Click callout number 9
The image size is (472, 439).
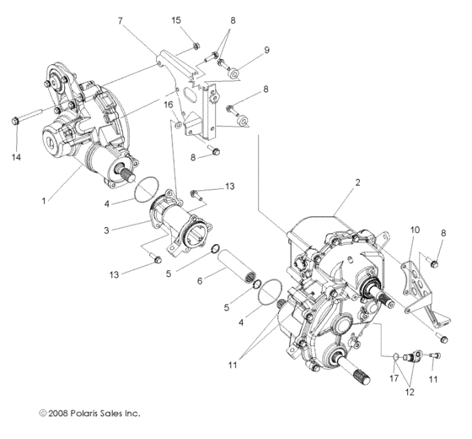coord(267,51)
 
